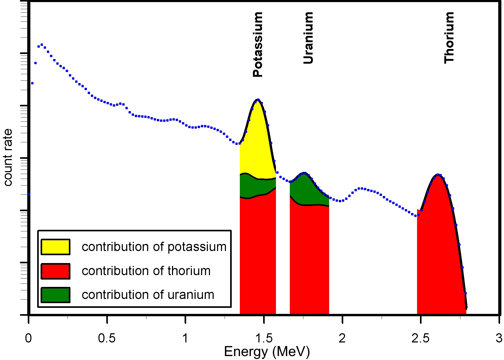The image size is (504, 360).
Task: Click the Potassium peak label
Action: coord(258,45)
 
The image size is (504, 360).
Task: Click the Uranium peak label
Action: coord(308,38)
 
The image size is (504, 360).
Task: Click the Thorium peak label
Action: coord(449,38)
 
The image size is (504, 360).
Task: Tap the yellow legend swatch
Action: coord(56,247)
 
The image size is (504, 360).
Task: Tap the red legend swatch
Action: coord(56,271)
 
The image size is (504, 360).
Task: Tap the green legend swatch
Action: coord(56,295)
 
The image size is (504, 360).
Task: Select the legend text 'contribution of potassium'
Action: coord(154,247)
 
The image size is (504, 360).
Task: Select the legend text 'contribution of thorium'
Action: coord(146,271)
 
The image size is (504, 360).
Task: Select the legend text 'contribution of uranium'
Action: coord(148,295)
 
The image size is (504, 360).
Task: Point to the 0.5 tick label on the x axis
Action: coord(107,338)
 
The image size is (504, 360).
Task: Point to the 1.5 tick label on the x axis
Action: coord(264,338)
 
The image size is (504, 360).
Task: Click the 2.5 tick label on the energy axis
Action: coord(420,338)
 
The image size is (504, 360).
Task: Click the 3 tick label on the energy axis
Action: coord(499,338)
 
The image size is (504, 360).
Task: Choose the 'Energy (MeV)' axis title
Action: coord(267,352)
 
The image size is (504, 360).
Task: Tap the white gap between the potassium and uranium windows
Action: coord(283,249)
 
